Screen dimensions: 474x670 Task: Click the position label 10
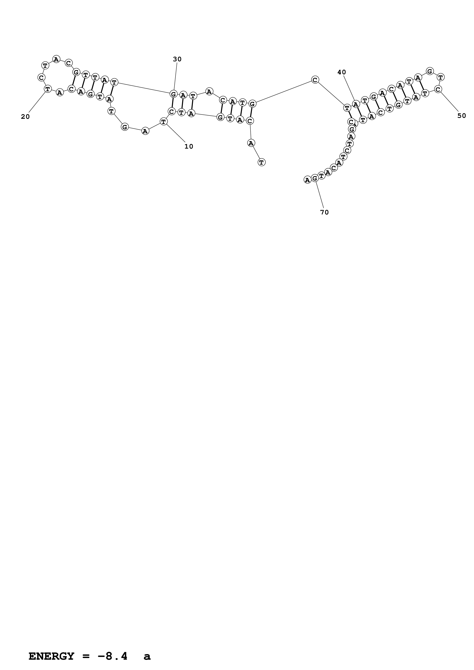point(189,146)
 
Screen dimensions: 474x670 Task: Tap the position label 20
point(25,117)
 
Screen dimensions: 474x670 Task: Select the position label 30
point(177,59)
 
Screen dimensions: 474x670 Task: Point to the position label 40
point(341,72)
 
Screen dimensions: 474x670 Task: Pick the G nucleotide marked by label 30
point(173,94)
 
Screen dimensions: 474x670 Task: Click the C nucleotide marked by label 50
point(437,89)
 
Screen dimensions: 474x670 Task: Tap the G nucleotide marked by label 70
point(315,178)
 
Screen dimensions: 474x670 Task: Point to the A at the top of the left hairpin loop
point(56,59)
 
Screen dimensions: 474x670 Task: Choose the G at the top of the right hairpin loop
point(429,71)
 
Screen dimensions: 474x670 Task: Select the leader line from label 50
point(450,101)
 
